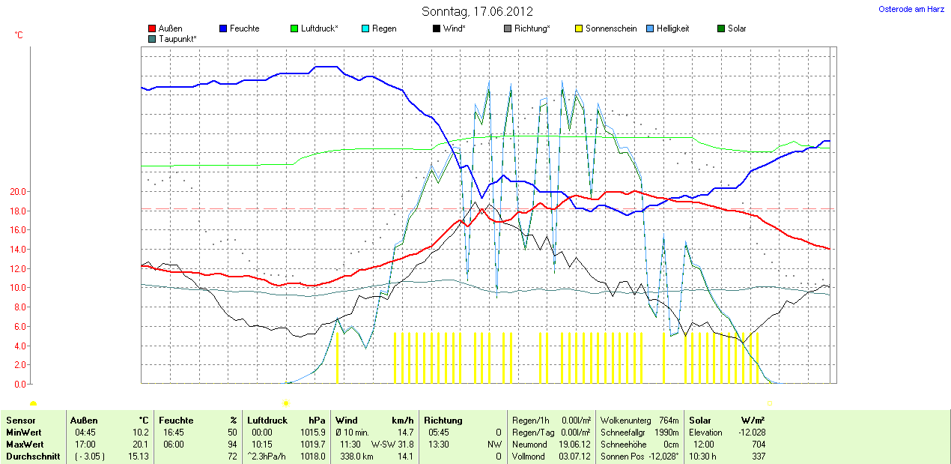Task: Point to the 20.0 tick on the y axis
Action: click(17, 192)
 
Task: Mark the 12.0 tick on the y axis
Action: click(17, 269)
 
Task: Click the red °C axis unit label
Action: click(19, 35)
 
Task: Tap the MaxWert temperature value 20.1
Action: click(141, 445)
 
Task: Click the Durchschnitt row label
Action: click(33, 457)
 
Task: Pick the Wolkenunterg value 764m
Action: click(669, 421)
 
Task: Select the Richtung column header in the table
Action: click(443, 421)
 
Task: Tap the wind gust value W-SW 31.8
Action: click(392, 445)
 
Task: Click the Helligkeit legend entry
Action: click(672, 28)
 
